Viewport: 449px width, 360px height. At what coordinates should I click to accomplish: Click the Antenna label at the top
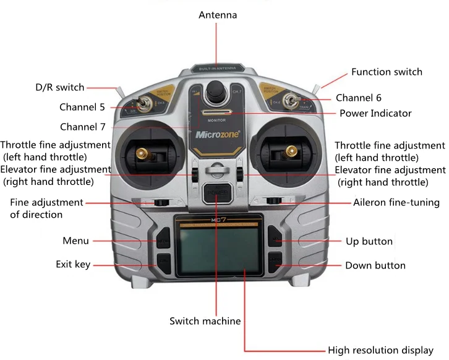pyautogui.click(x=217, y=14)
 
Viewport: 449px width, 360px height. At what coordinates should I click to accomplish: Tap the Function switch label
pyautogui.click(x=387, y=72)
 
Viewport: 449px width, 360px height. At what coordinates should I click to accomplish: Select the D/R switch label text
pyautogui.click(x=59, y=87)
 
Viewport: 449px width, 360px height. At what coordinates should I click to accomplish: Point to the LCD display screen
pyautogui.click(x=215, y=248)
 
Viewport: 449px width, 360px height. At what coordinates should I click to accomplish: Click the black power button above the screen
pyautogui.click(x=216, y=193)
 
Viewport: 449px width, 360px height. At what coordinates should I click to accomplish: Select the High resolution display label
pyautogui.click(x=380, y=350)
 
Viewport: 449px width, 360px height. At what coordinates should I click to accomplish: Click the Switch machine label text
pyautogui.click(x=205, y=321)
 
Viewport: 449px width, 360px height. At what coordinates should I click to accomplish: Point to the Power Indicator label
pyautogui.click(x=375, y=113)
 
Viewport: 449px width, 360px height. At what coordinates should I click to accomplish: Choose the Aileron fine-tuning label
pyautogui.click(x=396, y=202)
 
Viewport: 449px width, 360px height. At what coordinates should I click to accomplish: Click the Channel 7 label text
pyautogui.click(x=83, y=127)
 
